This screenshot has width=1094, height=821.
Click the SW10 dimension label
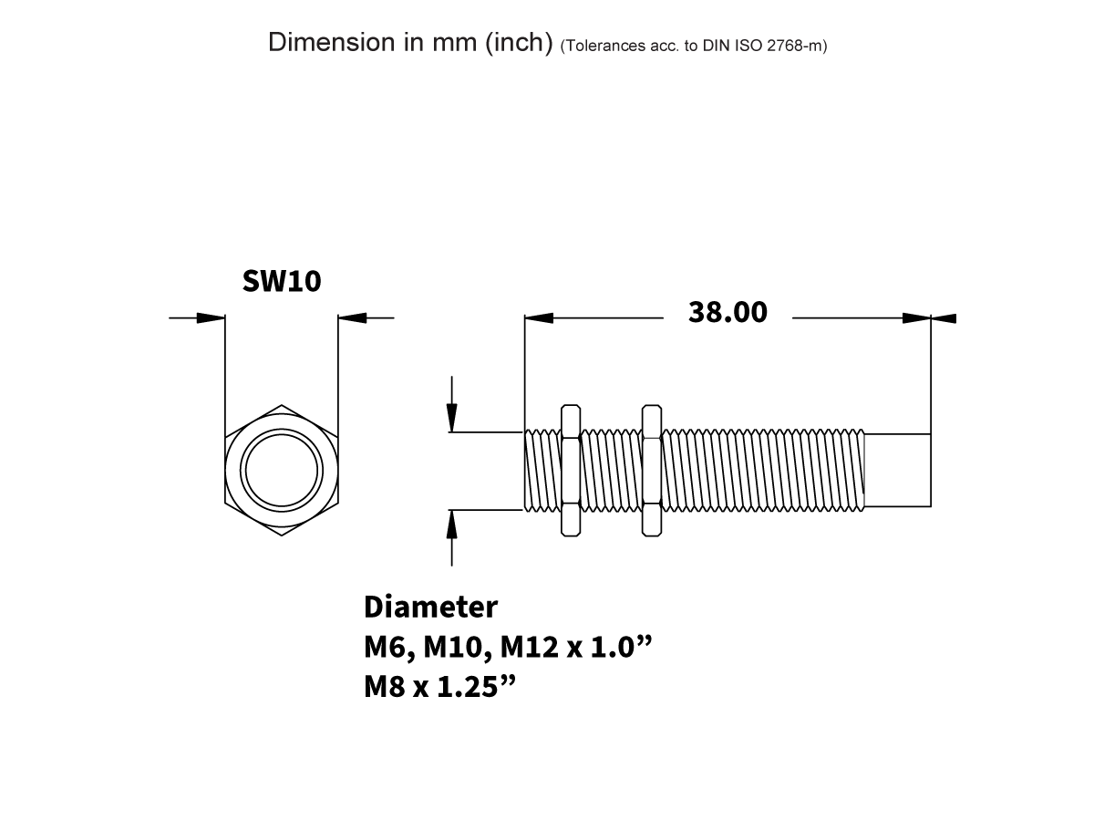tap(282, 281)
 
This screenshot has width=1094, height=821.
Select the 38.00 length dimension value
tap(728, 312)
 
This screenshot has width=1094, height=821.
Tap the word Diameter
tap(430, 607)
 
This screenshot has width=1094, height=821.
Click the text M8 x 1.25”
tap(440, 687)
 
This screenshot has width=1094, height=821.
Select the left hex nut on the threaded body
tap(571, 470)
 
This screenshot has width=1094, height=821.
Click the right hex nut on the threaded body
tap(651, 470)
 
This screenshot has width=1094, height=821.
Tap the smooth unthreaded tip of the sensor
tap(897, 470)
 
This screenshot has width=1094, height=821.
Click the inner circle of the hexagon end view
tap(281, 470)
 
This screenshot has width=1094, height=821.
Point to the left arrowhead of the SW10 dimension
tap(211, 317)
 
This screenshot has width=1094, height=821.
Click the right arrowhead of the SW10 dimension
tap(352, 317)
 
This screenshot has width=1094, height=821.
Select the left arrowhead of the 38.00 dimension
tap(540, 317)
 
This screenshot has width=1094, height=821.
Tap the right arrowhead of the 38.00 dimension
tap(916, 317)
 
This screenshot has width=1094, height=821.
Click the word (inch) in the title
tap(518, 43)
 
